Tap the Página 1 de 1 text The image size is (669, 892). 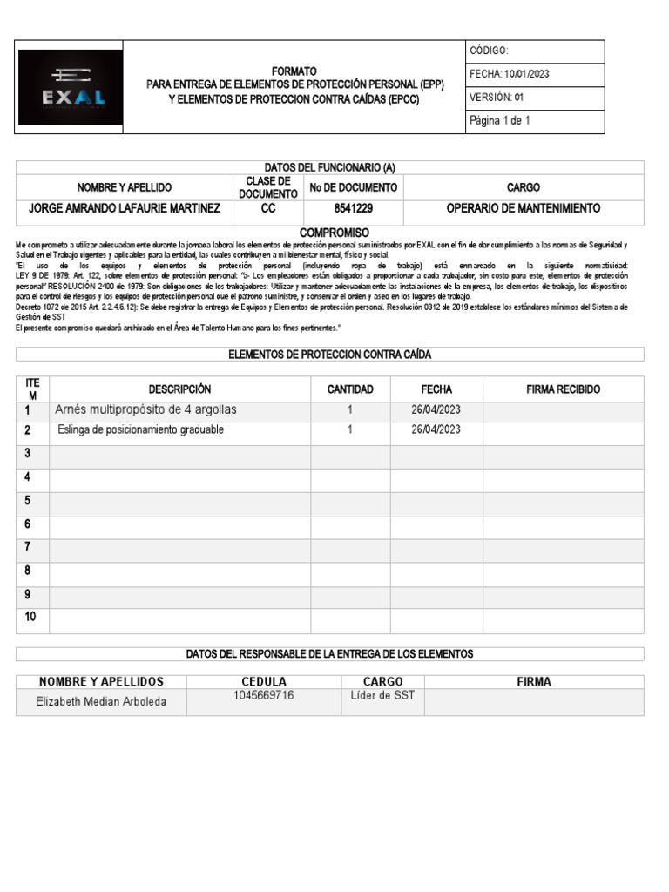(x=500, y=121)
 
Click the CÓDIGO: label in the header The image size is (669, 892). (x=495, y=51)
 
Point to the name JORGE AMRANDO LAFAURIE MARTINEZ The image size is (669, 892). (x=125, y=209)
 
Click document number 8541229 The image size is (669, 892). (x=354, y=209)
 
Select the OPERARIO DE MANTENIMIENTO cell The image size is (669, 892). (x=523, y=209)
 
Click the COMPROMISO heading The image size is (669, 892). (x=334, y=233)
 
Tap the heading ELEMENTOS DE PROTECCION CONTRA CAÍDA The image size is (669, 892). (x=329, y=355)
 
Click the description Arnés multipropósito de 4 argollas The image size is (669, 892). (x=145, y=409)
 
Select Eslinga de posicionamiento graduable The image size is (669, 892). (x=140, y=430)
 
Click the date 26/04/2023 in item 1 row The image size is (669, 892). (x=436, y=409)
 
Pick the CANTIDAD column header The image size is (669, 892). (x=350, y=389)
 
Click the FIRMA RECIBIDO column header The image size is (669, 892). (x=563, y=389)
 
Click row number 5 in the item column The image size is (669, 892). (x=28, y=500)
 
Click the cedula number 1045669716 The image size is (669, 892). (x=264, y=695)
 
